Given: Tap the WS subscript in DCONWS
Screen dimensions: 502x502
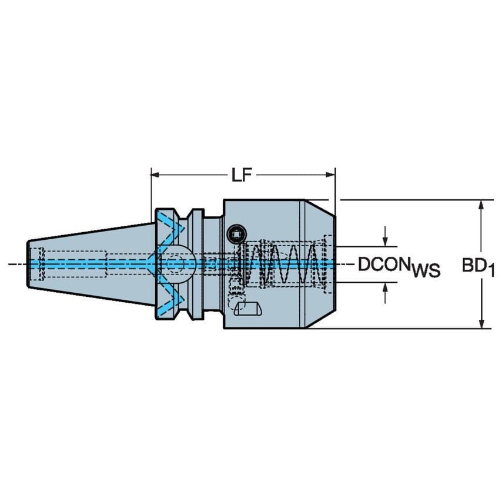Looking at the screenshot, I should pyautogui.click(x=425, y=270).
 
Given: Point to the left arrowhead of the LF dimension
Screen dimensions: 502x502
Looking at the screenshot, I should pyautogui.click(x=155, y=175).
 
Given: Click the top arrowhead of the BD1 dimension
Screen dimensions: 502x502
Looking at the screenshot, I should pyautogui.click(x=481, y=205).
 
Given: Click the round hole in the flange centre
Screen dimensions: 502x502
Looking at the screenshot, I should pyautogui.click(x=175, y=263).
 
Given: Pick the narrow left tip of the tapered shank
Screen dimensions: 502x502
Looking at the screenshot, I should pyautogui.click(x=31, y=263).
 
